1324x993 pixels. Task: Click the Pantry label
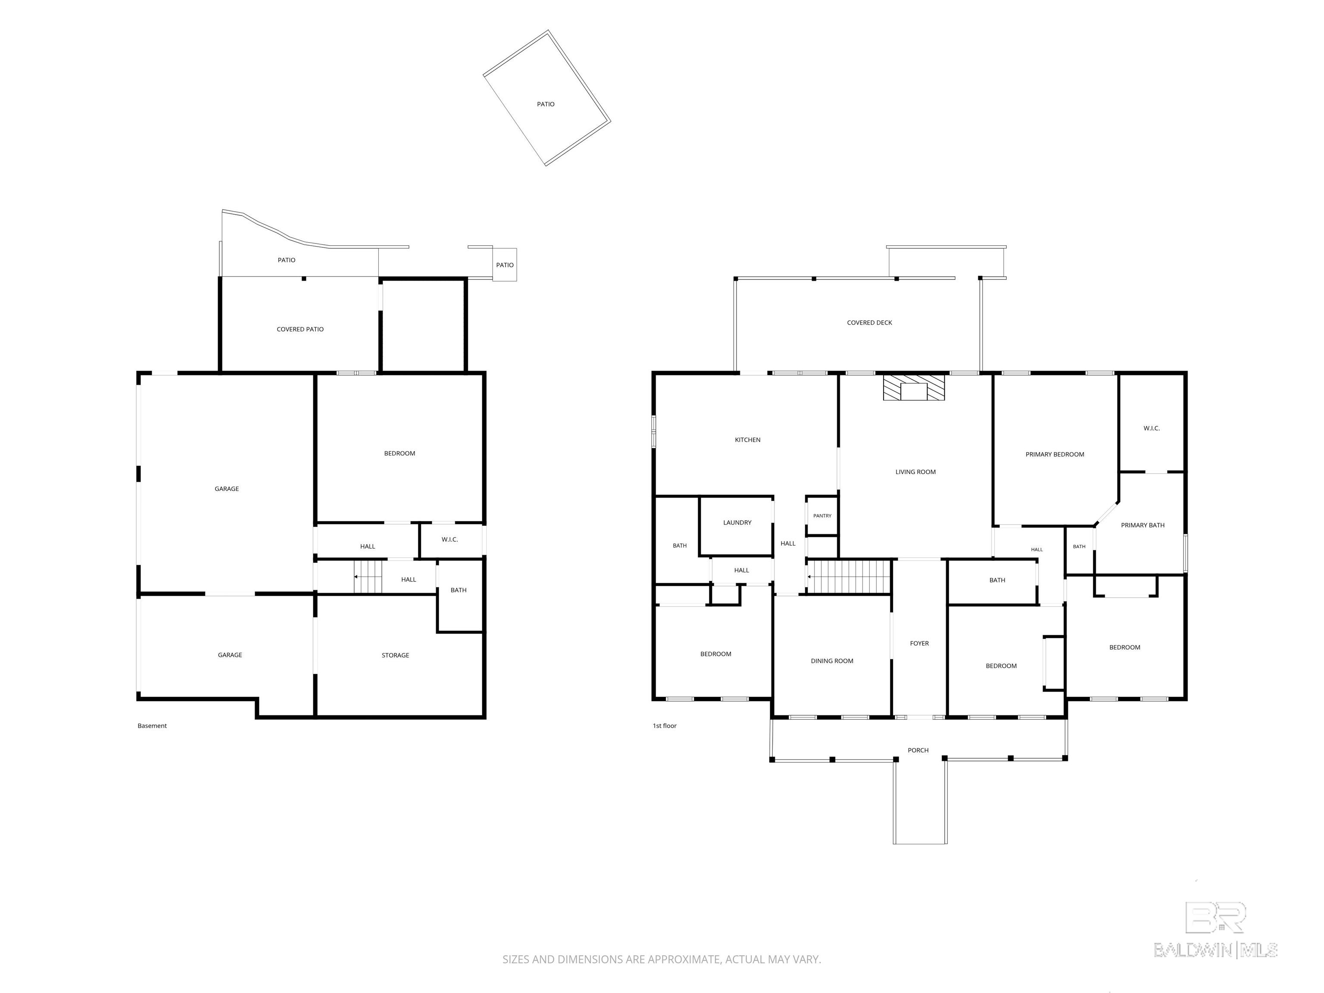click(x=822, y=516)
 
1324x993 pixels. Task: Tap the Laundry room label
click(x=737, y=522)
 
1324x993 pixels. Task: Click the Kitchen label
click(x=748, y=440)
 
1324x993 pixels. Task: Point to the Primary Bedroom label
click(x=1055, y=454)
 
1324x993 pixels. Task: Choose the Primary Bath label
click(x=1143, y=525)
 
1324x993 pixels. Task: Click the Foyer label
click(x=919, y=643)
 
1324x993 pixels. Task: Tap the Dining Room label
click(x=832, y=661)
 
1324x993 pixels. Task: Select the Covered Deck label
click(x=869, y=323)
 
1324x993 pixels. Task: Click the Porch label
click(x=918, y=750)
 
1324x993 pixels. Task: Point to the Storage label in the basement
click(x=395, y=656)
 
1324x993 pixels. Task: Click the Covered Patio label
click(x=300, y=329)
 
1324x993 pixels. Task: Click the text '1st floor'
click(x=665, y=726)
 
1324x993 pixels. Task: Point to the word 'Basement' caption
click(x=152, y=726)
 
